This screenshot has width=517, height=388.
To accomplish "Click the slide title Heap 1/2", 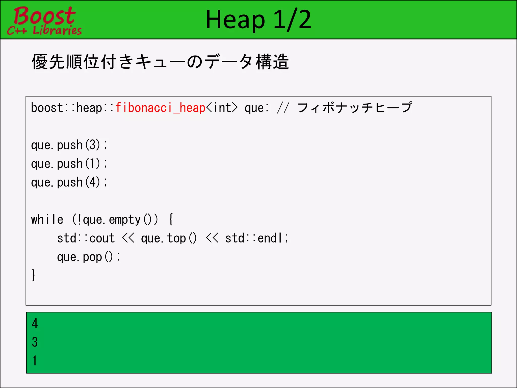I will (258, 20).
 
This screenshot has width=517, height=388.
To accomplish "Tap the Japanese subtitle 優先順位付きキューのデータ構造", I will (160, 62).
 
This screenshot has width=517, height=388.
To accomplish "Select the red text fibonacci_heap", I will (160, 108).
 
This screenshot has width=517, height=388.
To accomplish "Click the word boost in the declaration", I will (47, 108).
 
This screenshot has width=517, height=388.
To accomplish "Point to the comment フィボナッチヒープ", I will (355, 108).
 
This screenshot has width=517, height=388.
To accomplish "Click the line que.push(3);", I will (69, 145).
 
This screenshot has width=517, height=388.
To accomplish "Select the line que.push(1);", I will (69, 164).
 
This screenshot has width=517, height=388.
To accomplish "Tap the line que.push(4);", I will (69, 182).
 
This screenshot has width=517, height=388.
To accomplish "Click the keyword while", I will (47, 220).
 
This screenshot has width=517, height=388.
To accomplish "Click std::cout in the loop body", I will (86, 238).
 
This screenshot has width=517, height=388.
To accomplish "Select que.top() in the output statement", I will (169, 238).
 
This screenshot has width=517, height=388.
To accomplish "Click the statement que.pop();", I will (88, 257).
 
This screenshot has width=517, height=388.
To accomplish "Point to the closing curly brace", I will (33, 275).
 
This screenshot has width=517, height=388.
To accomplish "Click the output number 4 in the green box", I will (35, 323).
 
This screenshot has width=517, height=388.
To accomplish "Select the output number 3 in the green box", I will (35, 342).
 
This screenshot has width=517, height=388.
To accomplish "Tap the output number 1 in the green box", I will (35, 360).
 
